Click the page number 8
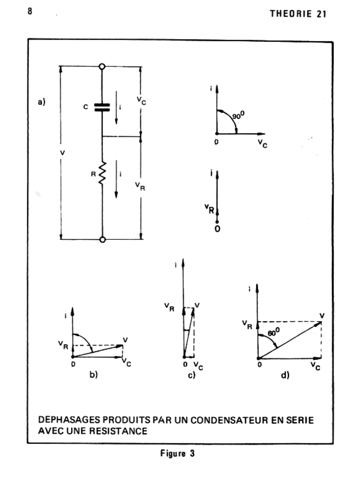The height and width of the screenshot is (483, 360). click(29, 11)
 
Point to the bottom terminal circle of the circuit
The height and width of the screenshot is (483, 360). click(102, 239)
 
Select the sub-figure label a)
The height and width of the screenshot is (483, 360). click(42, 101)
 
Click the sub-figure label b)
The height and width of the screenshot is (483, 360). click(93, 375)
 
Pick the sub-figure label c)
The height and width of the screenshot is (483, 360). click(191, 376)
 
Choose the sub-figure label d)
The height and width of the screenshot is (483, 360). click(285, 375)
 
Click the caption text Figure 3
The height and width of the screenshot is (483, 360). click(177, 453)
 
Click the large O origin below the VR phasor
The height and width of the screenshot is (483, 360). click(217, 229)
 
